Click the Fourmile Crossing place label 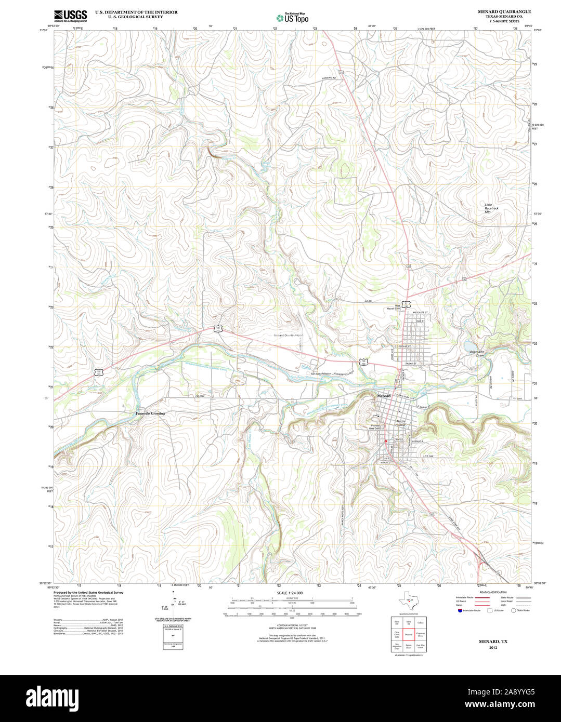(150, 413)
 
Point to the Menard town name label (383, 396)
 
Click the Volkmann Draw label (477, 354)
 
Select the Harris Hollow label (400, 423)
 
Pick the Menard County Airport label (289, 336)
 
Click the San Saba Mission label (321, 374)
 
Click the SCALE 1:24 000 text (290, 593)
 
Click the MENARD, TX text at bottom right (493, 641)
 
